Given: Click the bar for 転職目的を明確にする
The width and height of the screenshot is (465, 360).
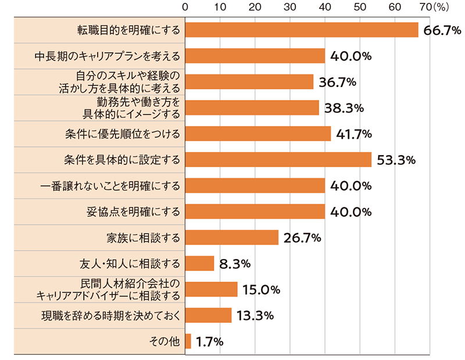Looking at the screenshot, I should [x=302, y=30].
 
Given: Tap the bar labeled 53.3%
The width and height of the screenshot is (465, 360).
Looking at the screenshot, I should [x=278, y=160].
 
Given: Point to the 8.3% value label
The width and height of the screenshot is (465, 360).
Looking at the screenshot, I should [x=235, y=264].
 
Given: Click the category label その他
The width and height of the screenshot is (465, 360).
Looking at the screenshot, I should [x=164, y=341].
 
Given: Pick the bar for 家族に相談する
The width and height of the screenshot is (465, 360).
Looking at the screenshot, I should [x=232, y=237].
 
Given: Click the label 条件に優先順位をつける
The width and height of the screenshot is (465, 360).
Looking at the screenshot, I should [x=123, y=134].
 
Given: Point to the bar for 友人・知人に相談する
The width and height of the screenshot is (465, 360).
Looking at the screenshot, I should [x=200, y=264].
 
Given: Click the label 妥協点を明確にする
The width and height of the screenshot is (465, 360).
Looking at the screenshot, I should [x=130, y=211].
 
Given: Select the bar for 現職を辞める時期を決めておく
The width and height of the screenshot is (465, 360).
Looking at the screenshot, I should [x=209, y=315].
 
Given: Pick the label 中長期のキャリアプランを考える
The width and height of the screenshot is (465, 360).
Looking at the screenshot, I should [x=106, y=56].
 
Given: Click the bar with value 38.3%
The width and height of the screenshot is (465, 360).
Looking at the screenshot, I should [x=252, y=108].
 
